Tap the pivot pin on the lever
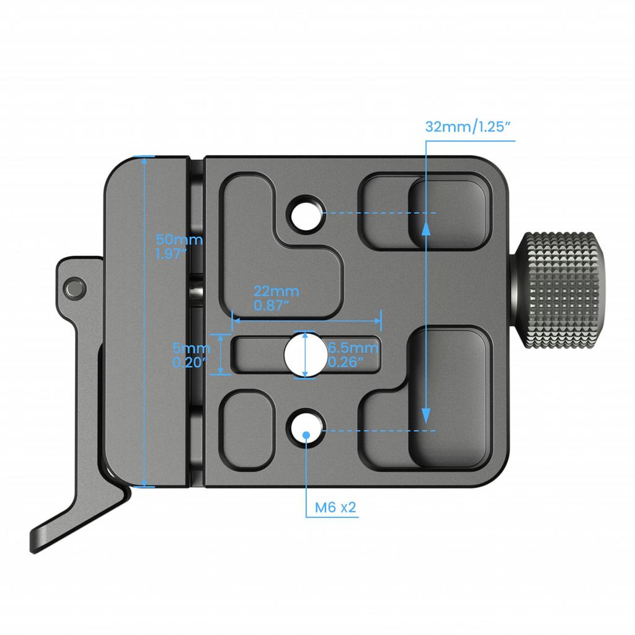(74, 286)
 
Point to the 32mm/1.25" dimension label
(468, 127)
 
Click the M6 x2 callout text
(335, 508)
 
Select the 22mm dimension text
(276, 291)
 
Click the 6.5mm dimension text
(353, 347)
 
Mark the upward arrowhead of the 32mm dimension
(426, 228)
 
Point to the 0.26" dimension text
(345, 362)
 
